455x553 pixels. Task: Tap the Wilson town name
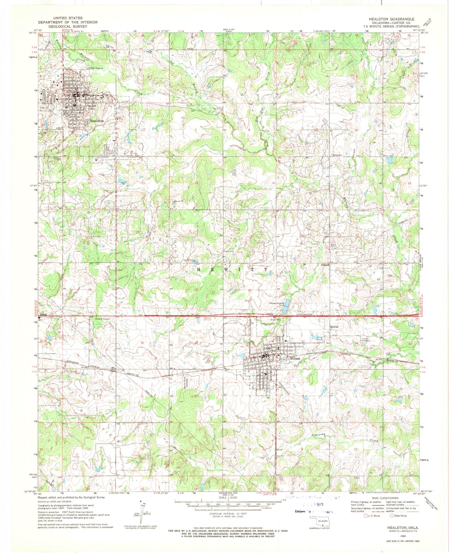click(295, 358)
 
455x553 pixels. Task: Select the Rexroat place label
click(337, 155)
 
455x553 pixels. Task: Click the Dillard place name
click(325, 265)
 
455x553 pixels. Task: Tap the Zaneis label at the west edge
click(44, 315)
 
